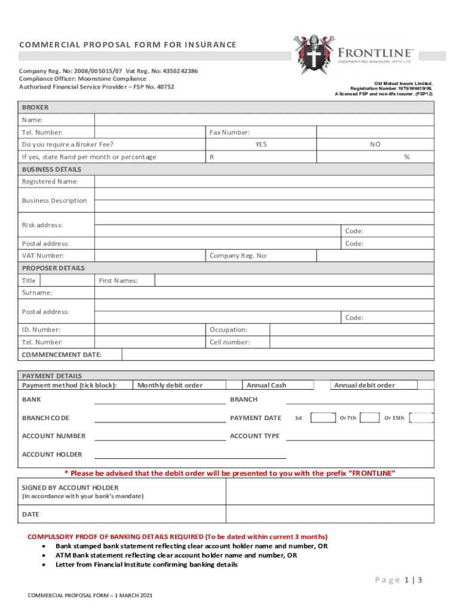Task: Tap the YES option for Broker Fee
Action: pyautogui.click(x=261, y=145)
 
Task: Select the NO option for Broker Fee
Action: pyautogui.click(x=375, y=145)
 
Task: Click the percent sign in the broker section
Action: pyautogui.click(x=406, y=157)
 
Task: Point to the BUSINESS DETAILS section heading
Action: pyautogui.click(x=52, y=169)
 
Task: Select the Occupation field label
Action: pyautogui.click(x=228, y=330)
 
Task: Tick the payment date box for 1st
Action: pyautogui.click(x=323, y=418)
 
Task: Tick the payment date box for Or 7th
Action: pyautogui.click(x=369, y=418)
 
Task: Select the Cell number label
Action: pyautogui.click(x=229, y=342)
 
